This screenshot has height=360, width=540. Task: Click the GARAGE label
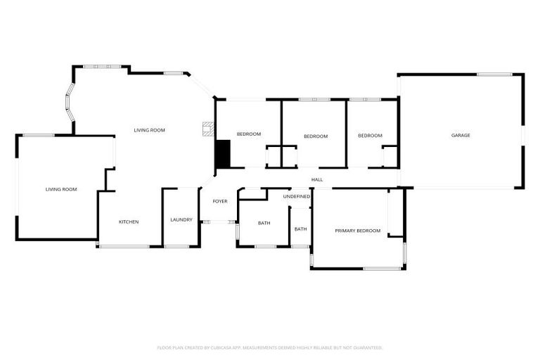[461, 135]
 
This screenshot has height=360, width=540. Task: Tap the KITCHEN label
[129, 222]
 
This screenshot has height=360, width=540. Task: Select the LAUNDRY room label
[181, 220]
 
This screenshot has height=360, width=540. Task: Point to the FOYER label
[220, 202]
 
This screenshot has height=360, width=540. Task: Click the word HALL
[317, 180]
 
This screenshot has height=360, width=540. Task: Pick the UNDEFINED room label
[297, 197]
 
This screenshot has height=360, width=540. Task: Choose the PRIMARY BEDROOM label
[357, 231]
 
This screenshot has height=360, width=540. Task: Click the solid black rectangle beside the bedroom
[222, 154]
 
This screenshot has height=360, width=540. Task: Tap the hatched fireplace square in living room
[207, 129]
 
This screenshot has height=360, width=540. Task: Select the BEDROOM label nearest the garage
[370, 136]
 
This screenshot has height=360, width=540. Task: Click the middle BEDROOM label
[316, 136]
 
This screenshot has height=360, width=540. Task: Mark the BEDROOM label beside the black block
[249, 134]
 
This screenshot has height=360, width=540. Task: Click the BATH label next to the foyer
[264, 224]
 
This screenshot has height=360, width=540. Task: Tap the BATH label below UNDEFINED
[300, 229]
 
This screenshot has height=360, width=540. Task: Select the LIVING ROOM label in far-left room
[61, 189]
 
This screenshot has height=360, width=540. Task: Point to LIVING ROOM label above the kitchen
[150, 130]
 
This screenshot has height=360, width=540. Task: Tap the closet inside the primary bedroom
[396, 212]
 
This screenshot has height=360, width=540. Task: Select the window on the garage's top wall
[494, 74]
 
